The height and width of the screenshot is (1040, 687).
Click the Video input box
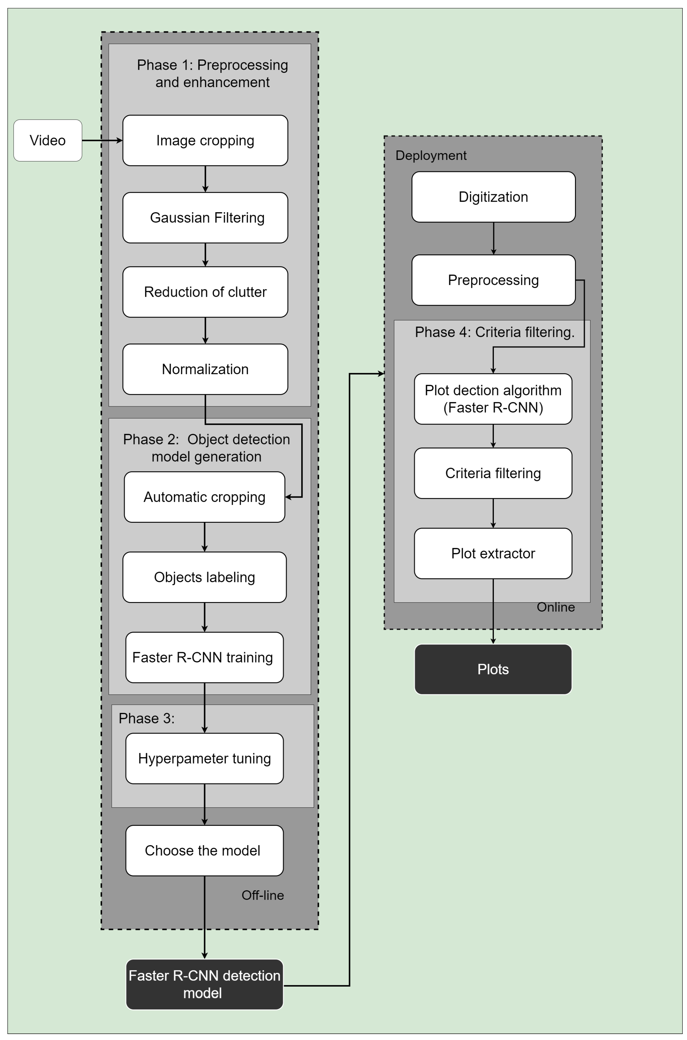pyautogui.click(x=48, y=141)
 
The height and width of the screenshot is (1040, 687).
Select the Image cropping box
pyautogui.click(x=205, y=141)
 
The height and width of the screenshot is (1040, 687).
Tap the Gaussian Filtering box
pyautogui.click(x=205, y=218)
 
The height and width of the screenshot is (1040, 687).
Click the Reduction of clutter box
pyautogui.click(x=205, y=292)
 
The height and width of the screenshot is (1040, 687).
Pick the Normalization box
pyautogui.click(x=205, y=369)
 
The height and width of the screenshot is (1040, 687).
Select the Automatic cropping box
pyautogui.click(x=204, y=497)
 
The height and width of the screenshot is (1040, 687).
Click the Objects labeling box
pyautogui.click(x=204, y=577)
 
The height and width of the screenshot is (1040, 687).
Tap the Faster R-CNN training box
pyautogui.click(x=204, y=657)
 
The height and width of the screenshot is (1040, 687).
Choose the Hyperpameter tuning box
pyautogui.click(x=204, y=758)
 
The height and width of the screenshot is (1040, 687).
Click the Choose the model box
pyautogui.click(x=204, y=850)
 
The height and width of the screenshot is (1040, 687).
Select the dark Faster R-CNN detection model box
pyautogui.click(x=204, y=984)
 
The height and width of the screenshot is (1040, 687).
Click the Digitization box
pyautogui.click(x=493, y=197)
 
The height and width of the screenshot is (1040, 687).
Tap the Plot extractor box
pyautogui.click(x=493, y=554)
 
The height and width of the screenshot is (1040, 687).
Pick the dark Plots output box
pyautogui.click(x=493, y=669)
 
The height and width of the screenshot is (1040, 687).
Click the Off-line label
pyautogui.click(x=262, y=895)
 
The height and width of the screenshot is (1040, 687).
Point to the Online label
pyautogui.click(x=556, y=607)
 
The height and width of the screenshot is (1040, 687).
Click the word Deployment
pyautogui.click(x=431, y=155)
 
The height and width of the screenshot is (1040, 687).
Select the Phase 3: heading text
pyautogui.click(x=146, y=718)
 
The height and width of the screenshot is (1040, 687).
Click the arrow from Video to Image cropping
pyautogui.click(x=102, y=141)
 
